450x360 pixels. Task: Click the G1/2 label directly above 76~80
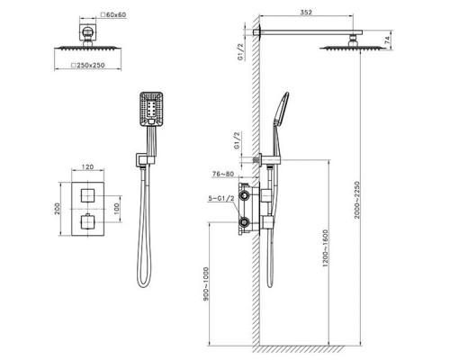click(x=234, y=144)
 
